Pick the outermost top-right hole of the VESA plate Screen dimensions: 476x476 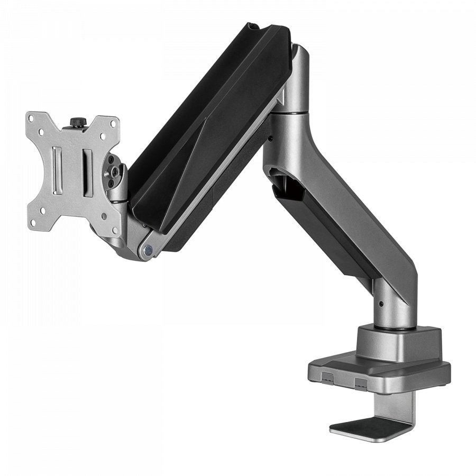pos(112,122)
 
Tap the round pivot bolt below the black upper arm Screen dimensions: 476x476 pos(148,248)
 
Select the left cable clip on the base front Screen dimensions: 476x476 pos(327,378)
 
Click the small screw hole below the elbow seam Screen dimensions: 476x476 pos(270,139)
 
